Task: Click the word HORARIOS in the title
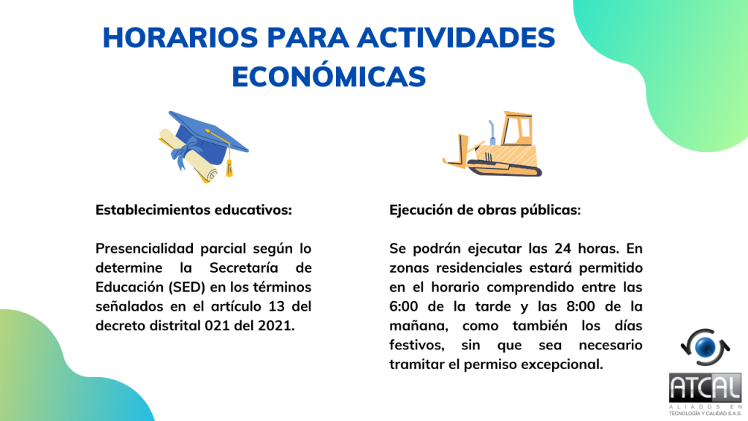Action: click(180, 38)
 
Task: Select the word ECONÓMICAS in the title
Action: click(329, 75)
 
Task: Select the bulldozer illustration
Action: click(492, 144)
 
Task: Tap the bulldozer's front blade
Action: click(457, 152)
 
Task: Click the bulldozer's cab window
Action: click(518, 129)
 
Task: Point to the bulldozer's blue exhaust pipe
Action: click(492, 132)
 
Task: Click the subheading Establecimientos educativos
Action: click(194, 210)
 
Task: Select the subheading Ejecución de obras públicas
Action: click(485, 210)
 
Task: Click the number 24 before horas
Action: click(563, 249)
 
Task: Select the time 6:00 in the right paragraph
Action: click(403, 306)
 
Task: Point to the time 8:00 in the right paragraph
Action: click(581, 306)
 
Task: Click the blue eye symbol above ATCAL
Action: click(706, 347)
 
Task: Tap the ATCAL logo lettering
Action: click(705, 388)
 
